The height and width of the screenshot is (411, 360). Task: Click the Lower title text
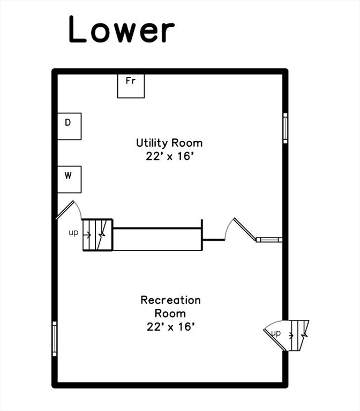tap(122, 30)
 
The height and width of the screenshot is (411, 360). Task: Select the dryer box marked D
tap(70, 126)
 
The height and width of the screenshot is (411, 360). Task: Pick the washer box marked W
tap(70, 179)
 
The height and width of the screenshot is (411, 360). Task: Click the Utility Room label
tap(169, 143)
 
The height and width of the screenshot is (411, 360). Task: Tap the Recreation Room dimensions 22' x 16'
tap(170, 326)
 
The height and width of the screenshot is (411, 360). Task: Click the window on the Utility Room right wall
tap(286, 128)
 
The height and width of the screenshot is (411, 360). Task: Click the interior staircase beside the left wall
tap(97, 234)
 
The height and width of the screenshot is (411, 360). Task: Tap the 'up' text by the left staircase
tap(73, 233)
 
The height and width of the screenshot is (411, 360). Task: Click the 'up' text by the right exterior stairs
tap(276, 333)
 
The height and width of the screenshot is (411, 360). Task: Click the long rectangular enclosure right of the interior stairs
tap(157, 239)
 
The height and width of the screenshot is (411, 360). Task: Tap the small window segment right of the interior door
tap(268, 239)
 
